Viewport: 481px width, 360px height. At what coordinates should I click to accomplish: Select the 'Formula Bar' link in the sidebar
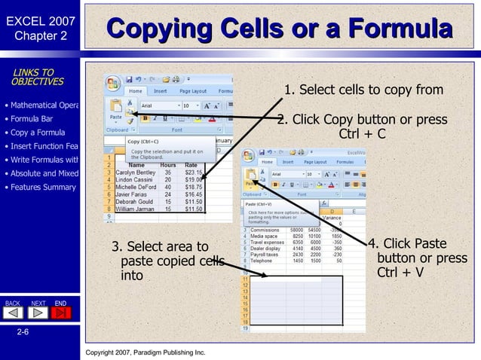[x=31, y=119]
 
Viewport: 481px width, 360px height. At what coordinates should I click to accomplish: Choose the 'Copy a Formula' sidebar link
[x=38, y=133]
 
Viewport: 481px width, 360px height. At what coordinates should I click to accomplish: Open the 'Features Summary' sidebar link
[x=43, y=187]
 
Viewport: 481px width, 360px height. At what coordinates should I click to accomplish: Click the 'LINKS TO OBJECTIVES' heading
[x=38, y=77]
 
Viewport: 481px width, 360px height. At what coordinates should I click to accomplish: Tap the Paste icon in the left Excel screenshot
[x=116, y=108]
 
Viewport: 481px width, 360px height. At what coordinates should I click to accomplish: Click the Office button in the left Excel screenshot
[x=113, y=82]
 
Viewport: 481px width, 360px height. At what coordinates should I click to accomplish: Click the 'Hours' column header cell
[x=168, y=164]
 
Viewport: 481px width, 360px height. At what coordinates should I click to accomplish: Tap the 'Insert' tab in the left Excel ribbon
[x=161, y=91]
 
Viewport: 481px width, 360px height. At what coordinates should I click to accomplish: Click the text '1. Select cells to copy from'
[x=363, y=90]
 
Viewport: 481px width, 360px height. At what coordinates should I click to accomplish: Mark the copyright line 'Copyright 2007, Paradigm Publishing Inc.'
[x=146, y=352]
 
